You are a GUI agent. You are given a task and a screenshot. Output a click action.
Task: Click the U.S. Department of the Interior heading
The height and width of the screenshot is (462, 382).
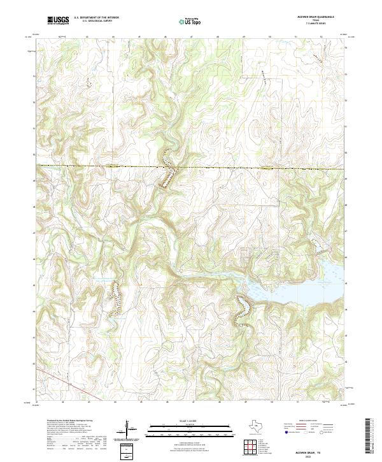point(96,18)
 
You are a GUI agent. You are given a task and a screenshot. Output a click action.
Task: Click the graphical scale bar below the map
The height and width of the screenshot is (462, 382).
point(184,427)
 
